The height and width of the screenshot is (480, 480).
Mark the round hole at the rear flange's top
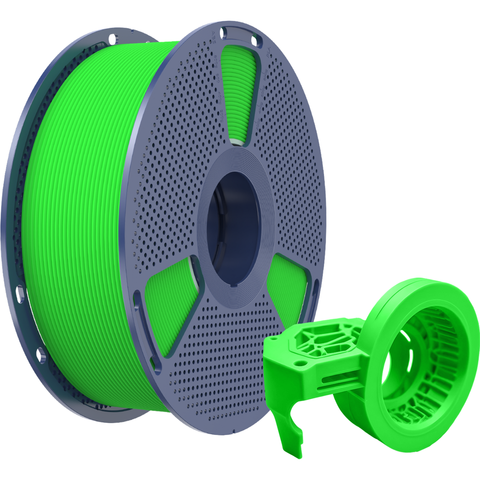tap(112, 37)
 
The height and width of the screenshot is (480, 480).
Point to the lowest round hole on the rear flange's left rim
tap(41, 354)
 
